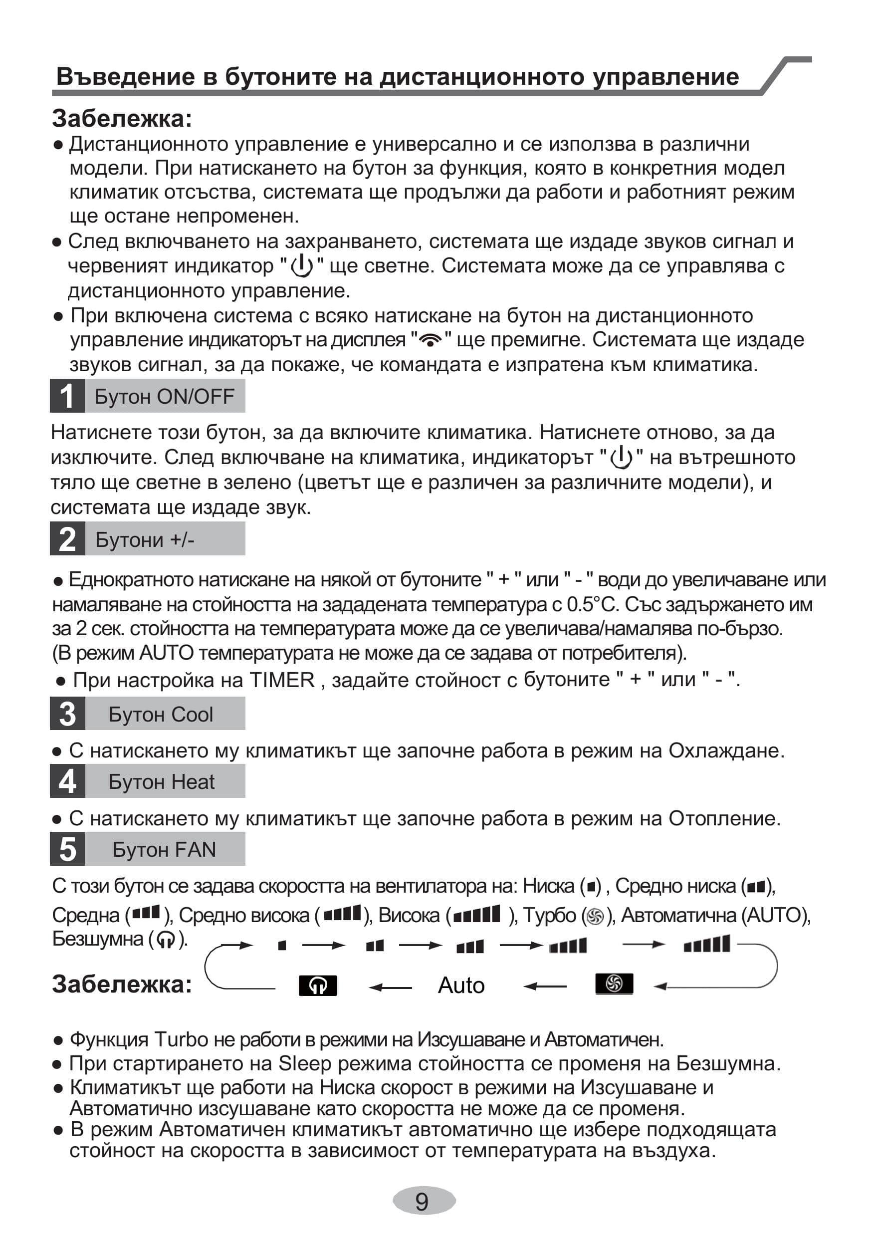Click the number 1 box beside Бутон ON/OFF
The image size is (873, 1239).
point(67,396)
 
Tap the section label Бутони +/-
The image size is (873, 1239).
point(145,539)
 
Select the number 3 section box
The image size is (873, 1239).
point(67,714)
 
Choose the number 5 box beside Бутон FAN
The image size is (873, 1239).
point(67,849)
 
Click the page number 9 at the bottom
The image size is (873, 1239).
point(423,1201)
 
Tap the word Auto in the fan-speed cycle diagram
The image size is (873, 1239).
point(461,985)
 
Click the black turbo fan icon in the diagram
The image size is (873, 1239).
point(614,983)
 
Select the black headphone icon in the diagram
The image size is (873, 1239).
point(318,986)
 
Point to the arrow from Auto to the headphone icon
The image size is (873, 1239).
point(390,988)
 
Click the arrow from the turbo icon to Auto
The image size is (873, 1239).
point(545,987)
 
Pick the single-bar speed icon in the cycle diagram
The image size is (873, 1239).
point(282,945)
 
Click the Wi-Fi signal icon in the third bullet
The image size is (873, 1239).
point(430,340)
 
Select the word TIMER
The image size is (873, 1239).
point(282,680)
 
